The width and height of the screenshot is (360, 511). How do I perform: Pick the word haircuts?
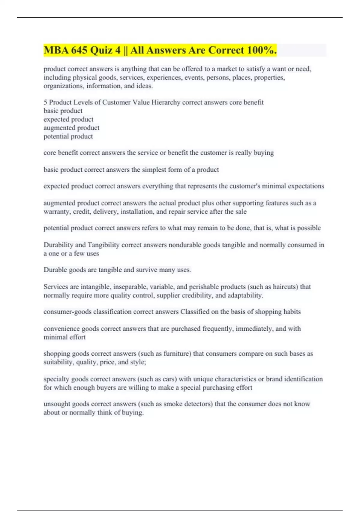point(284,287)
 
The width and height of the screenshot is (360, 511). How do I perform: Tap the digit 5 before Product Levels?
point(45,103)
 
